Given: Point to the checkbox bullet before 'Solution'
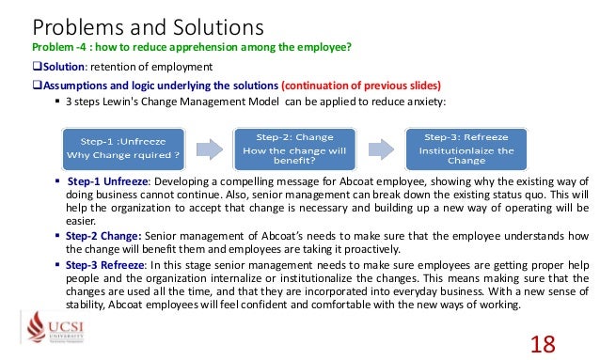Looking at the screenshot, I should (x=39, y=66).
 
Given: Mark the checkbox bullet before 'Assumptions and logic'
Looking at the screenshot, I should (x=39, y=84).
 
